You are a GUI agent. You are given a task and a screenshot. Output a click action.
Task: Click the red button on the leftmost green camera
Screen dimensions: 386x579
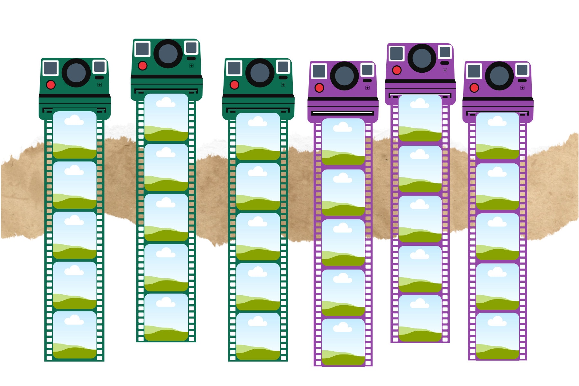51,85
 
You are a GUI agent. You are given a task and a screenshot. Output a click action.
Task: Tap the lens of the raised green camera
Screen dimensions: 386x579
168,54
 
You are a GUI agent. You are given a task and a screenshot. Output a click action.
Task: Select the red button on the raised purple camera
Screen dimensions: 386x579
397,70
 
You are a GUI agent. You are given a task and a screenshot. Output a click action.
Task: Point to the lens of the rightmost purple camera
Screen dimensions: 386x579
499,76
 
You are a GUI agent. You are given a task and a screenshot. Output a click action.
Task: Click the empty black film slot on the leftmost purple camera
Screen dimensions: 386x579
343,113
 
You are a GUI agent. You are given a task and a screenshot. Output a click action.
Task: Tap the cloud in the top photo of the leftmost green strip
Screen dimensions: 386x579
74,121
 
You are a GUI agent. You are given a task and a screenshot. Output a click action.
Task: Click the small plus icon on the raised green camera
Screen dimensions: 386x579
191,66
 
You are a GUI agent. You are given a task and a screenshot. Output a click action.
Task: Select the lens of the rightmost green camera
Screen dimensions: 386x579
260,73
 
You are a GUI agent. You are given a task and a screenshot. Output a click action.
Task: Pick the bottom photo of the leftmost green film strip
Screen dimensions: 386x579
74,335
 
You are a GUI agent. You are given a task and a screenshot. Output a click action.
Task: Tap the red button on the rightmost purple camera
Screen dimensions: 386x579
474,88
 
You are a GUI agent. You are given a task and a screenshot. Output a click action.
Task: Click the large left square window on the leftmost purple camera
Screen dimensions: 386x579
319,71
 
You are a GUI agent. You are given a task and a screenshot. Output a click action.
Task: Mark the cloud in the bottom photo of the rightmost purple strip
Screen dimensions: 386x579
497,321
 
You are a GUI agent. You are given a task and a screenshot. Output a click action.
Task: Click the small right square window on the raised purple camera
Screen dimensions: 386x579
445,52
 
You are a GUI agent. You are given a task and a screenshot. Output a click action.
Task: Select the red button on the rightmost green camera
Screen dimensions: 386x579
234,85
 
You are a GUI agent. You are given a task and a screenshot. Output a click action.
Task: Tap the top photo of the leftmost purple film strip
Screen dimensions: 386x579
343,142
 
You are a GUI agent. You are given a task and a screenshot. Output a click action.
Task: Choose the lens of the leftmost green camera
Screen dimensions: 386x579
76,73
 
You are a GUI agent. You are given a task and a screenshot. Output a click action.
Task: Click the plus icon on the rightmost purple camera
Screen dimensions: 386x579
522,88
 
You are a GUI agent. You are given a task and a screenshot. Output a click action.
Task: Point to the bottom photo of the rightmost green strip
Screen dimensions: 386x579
258,336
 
